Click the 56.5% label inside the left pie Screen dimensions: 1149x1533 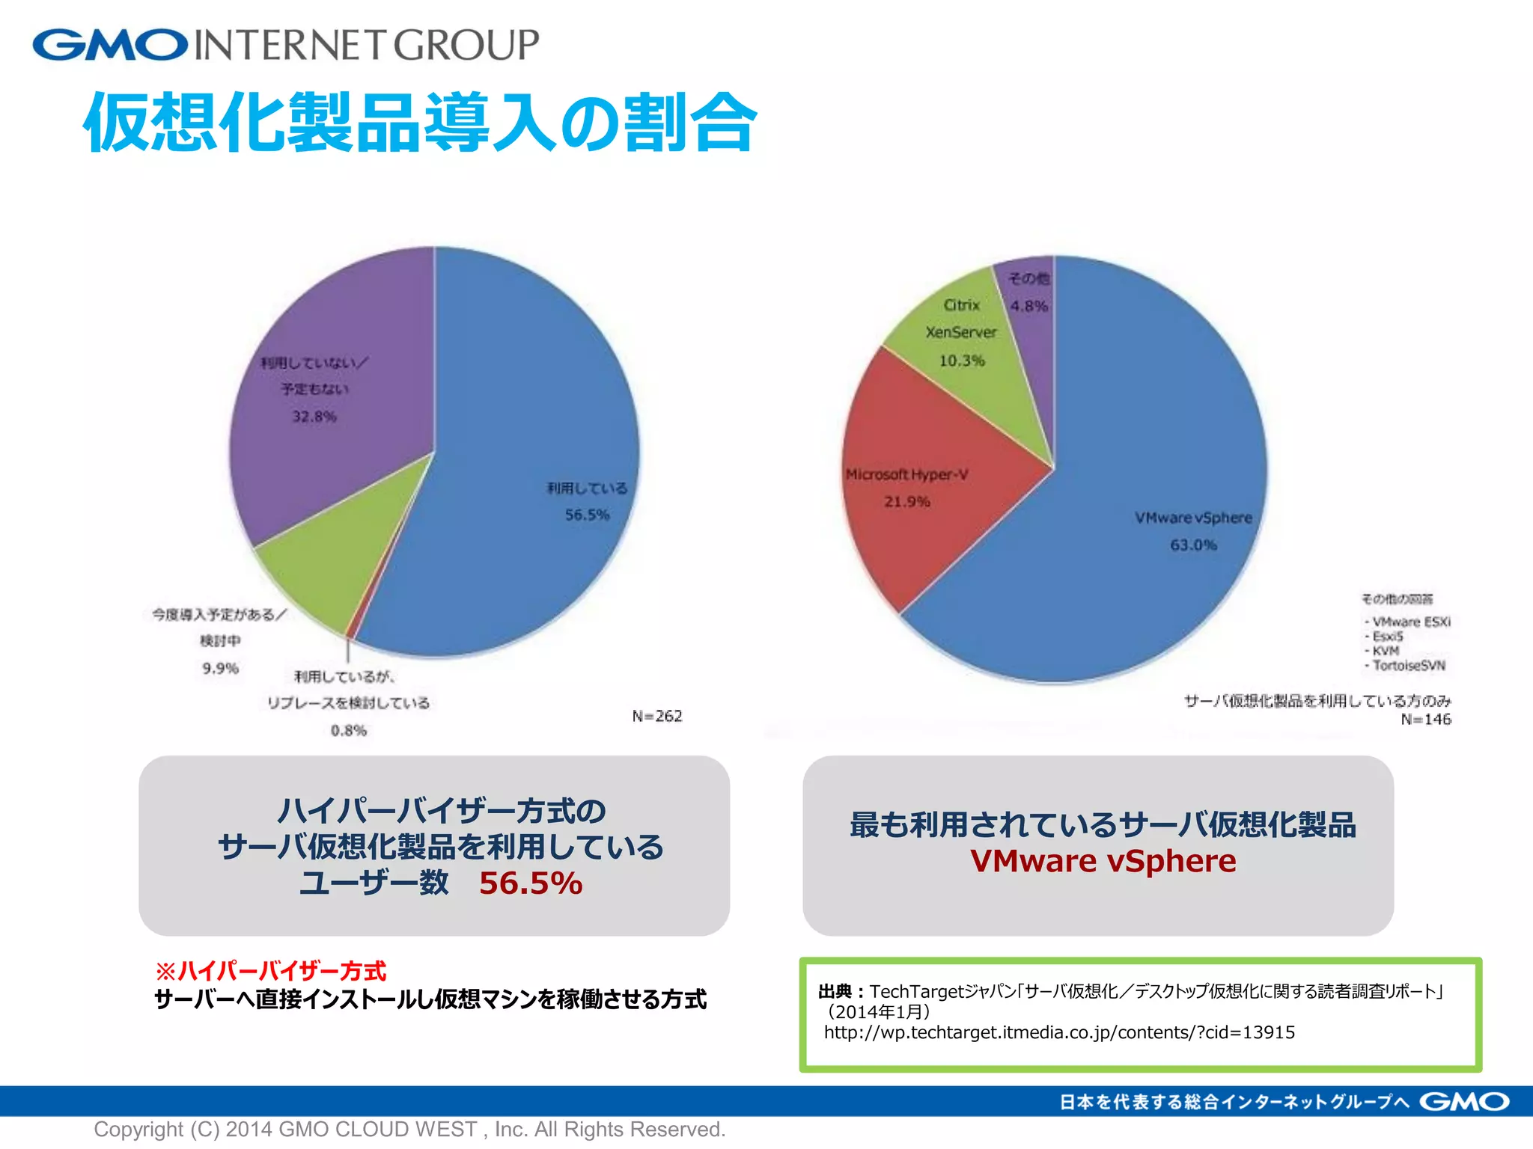pos(587,515)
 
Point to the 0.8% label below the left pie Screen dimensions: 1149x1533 pos(349,730)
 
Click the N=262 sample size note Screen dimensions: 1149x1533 pos(657,716)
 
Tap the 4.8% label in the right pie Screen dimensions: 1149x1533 pos(1029,306)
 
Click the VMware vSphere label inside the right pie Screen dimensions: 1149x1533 pos(1193,518)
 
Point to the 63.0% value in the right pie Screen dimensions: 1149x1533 pos(1193,545)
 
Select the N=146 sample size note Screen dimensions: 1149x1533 pos(1426,720)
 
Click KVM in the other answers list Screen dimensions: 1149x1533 pos(1386,651)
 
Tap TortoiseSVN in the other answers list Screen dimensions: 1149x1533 pos(1409,666)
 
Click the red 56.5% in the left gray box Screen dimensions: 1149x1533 pos(531,883)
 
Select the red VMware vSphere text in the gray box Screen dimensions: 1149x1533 pos(1103,861)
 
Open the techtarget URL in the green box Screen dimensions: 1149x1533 pos(1059,1032)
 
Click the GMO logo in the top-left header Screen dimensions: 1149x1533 pos(110,45)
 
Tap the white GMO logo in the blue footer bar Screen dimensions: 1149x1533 pos(1464,1102)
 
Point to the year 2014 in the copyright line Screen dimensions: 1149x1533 pos(249,1129)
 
